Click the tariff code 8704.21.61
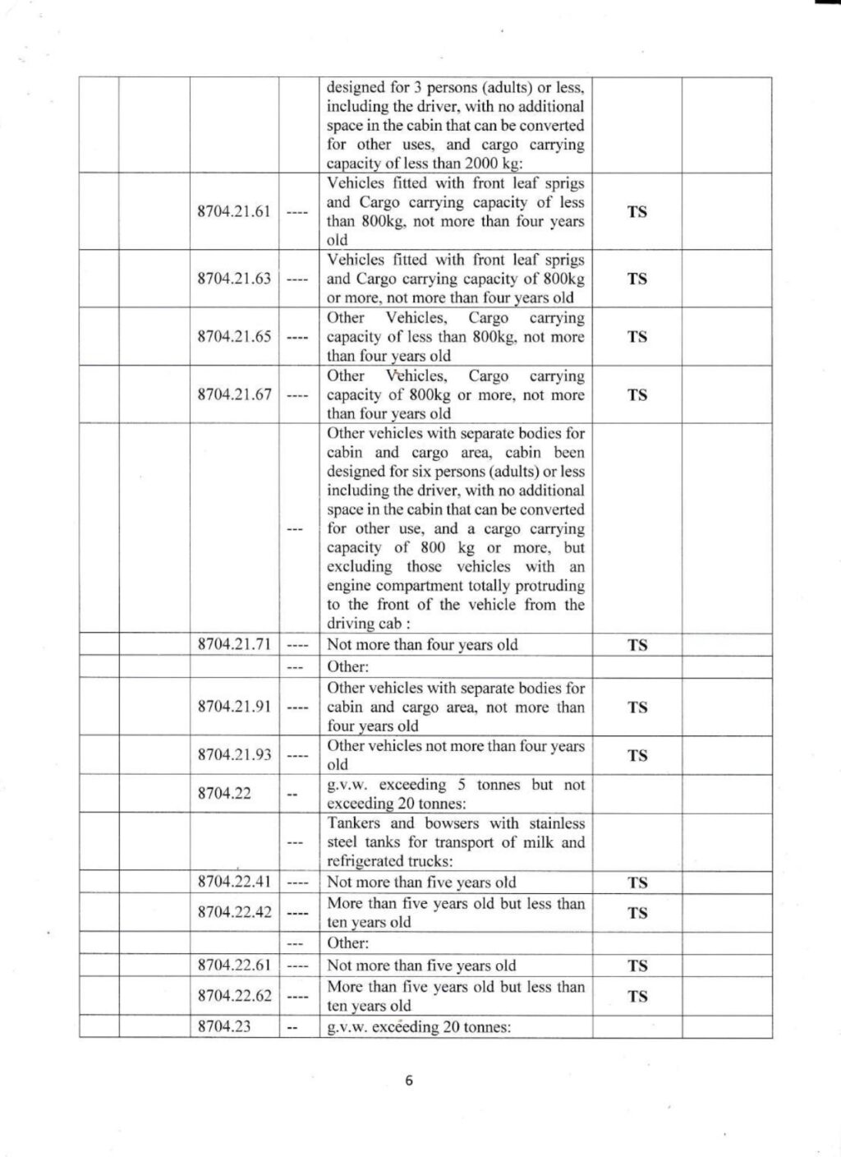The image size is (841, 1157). [234, 211]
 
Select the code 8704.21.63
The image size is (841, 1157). [234, 279]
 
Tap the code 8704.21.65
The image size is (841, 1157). [234, 337]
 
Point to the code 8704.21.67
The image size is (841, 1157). [234, 394]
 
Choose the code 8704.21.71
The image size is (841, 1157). [234, 644]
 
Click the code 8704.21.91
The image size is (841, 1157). [234, 707]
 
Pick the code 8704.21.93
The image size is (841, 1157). [234, 754]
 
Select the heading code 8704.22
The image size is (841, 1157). [224, 793]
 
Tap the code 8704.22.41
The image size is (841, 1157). [234, 882]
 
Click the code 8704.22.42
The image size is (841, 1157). [234, 912]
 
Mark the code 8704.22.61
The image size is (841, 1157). [234, 966]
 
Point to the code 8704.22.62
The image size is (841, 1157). [234, 996]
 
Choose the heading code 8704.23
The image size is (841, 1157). [224, 1026]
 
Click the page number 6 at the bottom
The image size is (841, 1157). [409, 1081]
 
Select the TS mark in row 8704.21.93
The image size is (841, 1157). [637, 755]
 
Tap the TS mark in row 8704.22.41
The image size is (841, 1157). [637, 883]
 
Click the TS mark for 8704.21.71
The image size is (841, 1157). [637, 645]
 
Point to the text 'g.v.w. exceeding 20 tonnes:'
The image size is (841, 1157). [419, 1027]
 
